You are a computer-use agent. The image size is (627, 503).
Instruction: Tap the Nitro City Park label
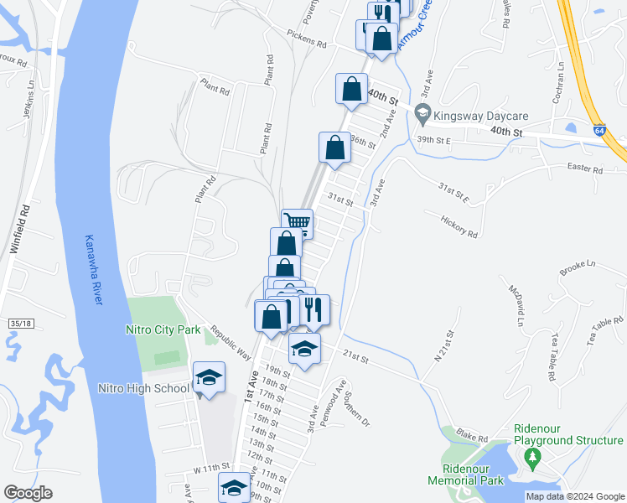pyautogui.click(x=163, y=329)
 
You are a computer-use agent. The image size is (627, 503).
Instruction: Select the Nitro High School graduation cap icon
pyautogui.click(x=208, y=378)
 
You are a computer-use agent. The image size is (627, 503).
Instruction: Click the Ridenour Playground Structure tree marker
pyautogui.click(x=530, y=458)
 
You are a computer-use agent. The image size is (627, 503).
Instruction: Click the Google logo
pyautogui.click(x=28, y=492)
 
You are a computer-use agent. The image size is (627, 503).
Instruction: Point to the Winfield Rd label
pyautogui.click(x=19, y=228)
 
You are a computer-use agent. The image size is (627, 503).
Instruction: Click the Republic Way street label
pyautogui.click(x=231, y=342)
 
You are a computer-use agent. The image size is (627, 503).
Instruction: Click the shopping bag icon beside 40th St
pyautogui.click(x=351, y=89)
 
